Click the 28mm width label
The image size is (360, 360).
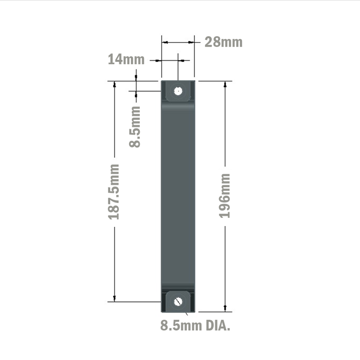223,42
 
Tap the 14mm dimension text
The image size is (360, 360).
126,59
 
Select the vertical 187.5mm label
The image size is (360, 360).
114,192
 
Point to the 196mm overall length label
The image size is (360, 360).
225,195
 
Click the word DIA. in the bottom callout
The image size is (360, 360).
217,326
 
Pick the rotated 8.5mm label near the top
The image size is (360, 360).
135,126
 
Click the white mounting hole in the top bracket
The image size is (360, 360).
177,91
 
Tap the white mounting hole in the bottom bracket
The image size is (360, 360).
177,302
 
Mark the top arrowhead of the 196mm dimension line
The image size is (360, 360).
225,84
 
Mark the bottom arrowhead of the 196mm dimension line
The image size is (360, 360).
225,308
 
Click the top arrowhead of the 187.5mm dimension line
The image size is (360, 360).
114,84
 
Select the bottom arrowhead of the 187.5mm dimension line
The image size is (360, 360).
114,298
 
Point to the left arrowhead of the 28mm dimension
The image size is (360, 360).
164,42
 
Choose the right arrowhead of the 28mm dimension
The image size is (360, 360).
192,42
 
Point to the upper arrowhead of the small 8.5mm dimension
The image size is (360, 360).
136,77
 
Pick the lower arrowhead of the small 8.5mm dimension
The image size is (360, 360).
136,94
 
